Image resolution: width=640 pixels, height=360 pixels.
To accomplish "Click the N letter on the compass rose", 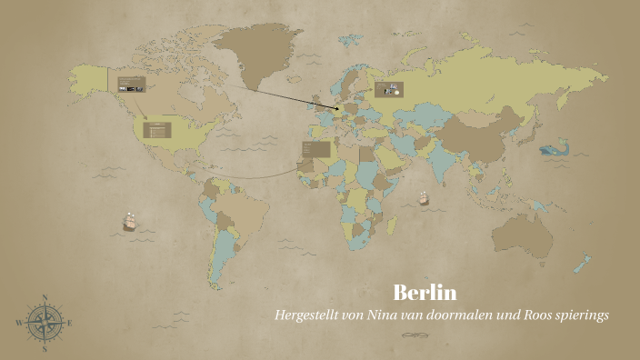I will [44, 297].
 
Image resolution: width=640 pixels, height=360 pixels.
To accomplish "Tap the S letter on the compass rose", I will [44, 348].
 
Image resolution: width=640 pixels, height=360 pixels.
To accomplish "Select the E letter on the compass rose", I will [69, 323].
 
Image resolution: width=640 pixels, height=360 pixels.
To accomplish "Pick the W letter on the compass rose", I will [19, 323].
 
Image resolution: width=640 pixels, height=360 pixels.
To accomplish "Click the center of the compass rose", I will [44, 323].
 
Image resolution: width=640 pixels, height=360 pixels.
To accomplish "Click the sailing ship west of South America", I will [130, 220].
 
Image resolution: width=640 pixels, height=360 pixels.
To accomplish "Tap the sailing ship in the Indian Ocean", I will [423, 197].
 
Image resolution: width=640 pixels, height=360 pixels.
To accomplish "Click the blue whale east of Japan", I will [551, 149].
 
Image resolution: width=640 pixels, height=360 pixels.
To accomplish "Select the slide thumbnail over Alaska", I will [130, 84].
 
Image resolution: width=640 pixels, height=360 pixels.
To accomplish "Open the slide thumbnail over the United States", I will [158, 129].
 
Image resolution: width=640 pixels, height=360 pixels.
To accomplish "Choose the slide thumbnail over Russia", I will [388, 89].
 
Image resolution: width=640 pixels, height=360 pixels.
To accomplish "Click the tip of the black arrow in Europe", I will [342, 110].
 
